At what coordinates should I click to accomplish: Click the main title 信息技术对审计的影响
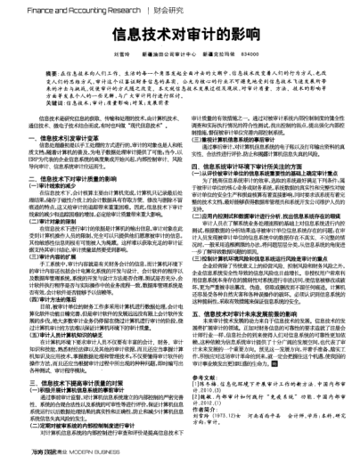(x=181, y=40)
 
